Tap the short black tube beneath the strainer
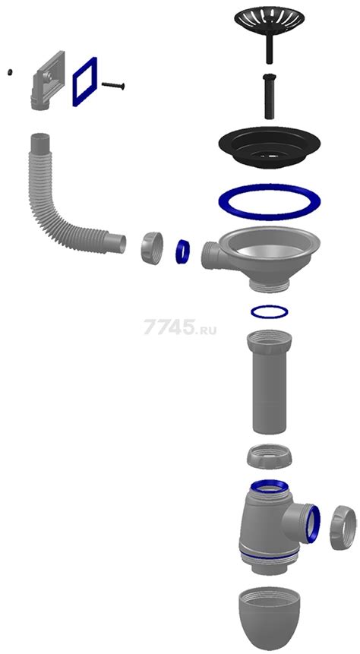point(269,96)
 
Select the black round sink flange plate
point(269,146)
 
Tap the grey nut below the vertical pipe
point(269,457)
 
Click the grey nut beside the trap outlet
point(343,527)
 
